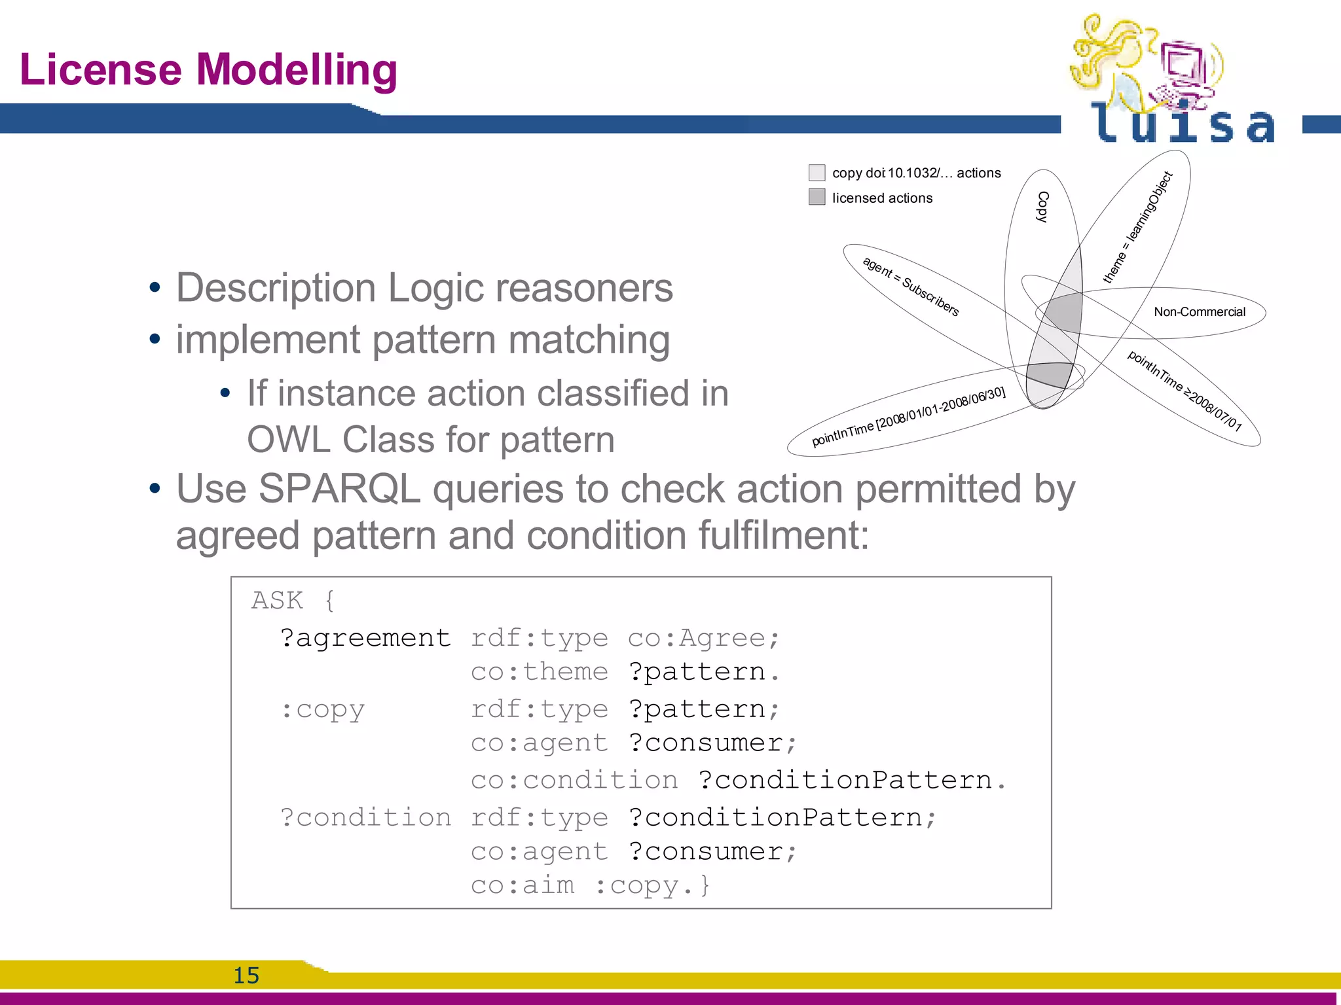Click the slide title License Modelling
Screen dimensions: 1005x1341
[208, 70]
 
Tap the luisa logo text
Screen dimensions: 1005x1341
[1183, 124]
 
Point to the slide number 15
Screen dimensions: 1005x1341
[246, 975]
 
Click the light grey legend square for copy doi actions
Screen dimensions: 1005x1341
[817, 173]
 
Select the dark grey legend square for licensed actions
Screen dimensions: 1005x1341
[817, 197]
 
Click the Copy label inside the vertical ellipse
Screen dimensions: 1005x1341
[1042, 207]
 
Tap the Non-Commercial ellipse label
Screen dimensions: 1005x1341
[1199, 312]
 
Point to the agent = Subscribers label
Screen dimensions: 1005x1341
[911, 287]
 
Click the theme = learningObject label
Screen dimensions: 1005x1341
[1137, 227]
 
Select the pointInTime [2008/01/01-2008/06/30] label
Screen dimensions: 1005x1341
[908, 416]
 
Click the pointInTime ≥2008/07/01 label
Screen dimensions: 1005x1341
[1184, 391]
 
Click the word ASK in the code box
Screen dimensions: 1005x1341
[277, 600]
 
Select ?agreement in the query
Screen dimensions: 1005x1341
[365, 637]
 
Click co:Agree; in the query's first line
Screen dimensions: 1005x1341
[703, 637]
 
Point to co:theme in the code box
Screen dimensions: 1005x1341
[539, 671]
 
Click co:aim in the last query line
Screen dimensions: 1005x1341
[522, 885]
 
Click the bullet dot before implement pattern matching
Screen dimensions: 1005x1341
[155, 340]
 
